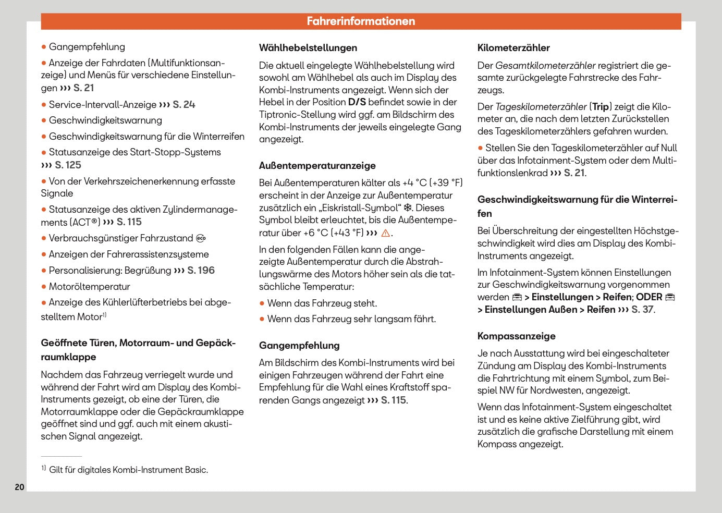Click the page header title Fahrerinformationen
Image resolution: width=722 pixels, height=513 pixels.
point(361,21)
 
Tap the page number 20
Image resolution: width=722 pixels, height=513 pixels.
point(19,487)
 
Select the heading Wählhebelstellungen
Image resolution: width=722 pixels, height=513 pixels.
point(308,48)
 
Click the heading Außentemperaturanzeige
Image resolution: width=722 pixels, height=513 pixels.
point(317,166)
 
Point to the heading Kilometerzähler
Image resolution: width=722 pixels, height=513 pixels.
point(513,48)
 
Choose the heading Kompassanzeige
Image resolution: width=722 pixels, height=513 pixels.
point(516,336)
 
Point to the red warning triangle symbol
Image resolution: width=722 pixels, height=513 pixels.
point(386,233)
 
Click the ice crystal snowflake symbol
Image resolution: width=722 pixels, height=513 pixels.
point(408,208)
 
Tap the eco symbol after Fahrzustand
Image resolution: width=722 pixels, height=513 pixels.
point(201,239)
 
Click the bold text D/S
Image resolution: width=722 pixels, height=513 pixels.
point(357,102)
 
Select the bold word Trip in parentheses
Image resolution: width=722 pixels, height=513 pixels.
point(601,107)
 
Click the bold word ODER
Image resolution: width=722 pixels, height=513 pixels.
point(649,297)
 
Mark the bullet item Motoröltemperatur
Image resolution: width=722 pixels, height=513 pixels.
point(89,287)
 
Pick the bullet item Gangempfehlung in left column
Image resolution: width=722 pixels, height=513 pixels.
point(87,47)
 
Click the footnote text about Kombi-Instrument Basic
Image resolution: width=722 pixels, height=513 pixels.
point(128,470)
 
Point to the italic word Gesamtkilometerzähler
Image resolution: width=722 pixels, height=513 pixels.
point(545,66)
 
